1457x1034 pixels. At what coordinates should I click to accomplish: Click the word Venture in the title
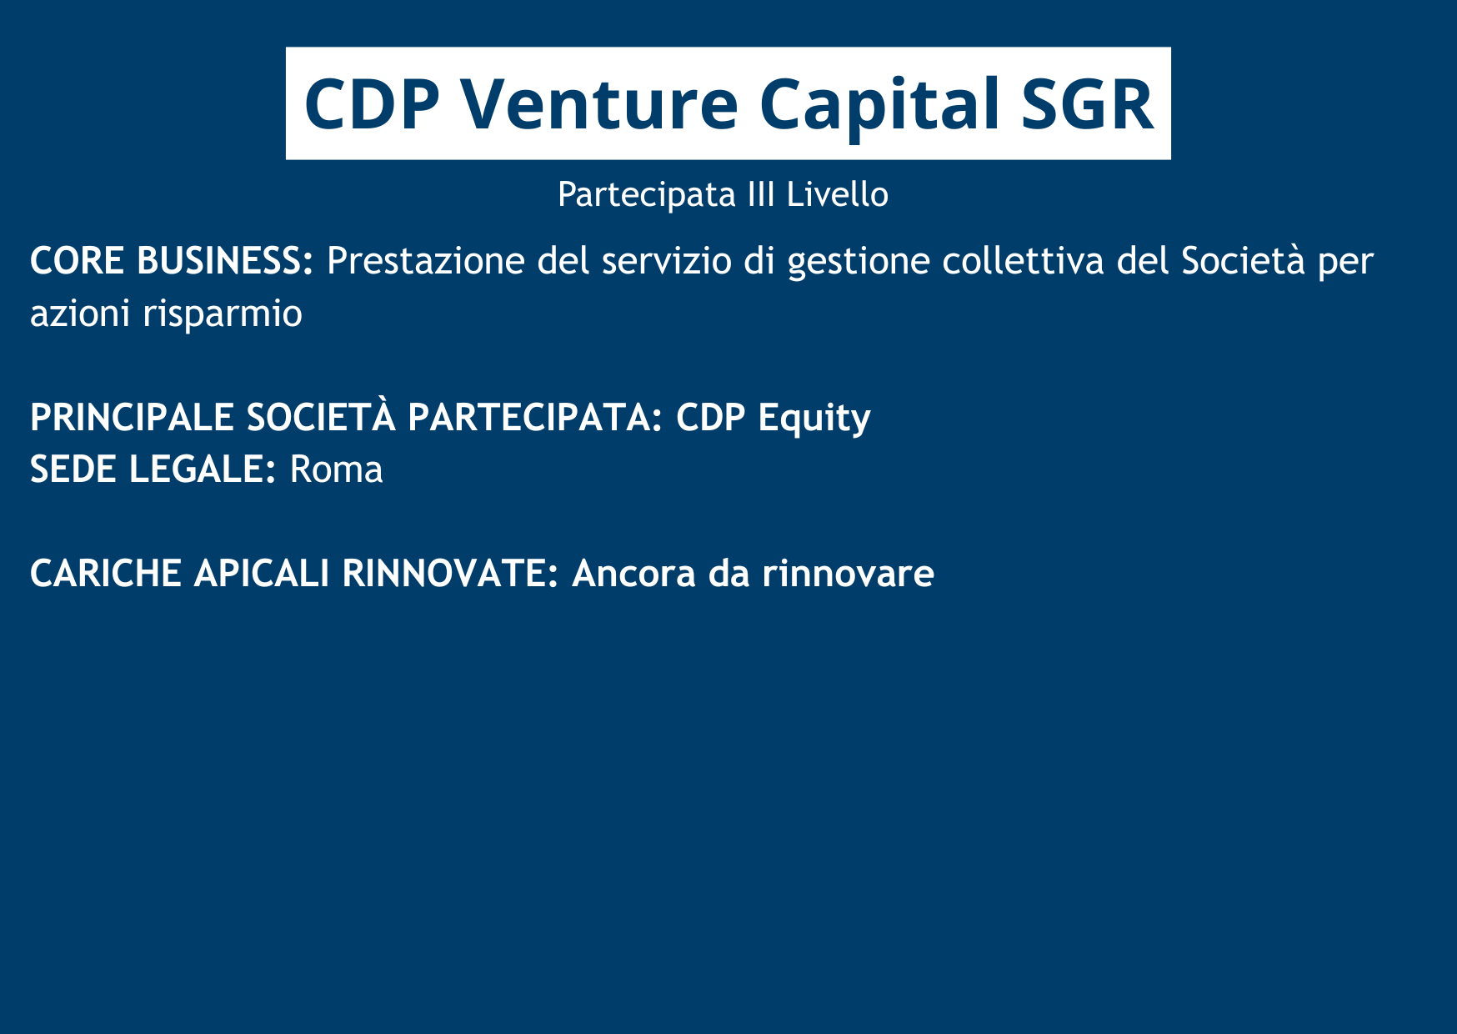coord(598,103)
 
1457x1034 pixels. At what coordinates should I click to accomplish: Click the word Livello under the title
coord(838,194)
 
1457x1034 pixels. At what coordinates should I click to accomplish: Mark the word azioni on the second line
coord(80,314)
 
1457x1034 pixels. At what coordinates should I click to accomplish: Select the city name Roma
coord(336,469)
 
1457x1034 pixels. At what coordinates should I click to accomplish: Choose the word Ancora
coord(633,574)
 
